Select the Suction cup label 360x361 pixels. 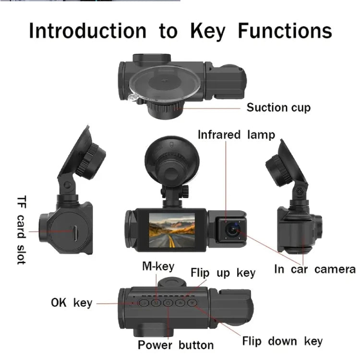278,107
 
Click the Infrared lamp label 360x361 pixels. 237,134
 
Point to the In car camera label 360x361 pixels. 314,269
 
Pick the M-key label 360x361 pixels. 158,266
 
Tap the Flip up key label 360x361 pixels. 223,273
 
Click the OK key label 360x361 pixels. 71,303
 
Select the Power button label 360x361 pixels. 176,345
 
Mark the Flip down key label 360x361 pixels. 282,341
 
